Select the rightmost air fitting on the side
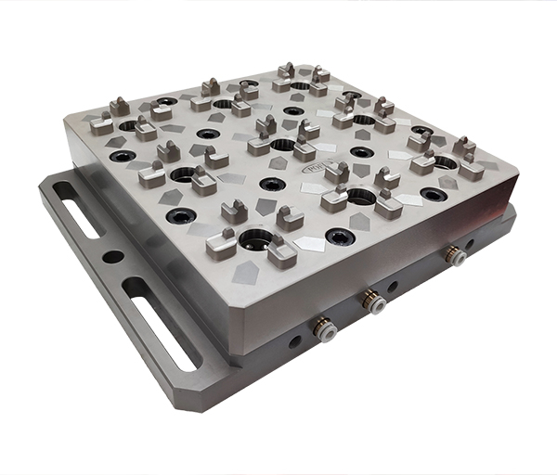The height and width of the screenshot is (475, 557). [456, 257]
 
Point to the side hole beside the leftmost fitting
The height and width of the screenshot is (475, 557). [294, 340]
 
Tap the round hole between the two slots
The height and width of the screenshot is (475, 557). [113, 257]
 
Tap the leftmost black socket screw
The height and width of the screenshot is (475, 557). [121, 156]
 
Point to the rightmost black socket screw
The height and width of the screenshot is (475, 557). [434, 194]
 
